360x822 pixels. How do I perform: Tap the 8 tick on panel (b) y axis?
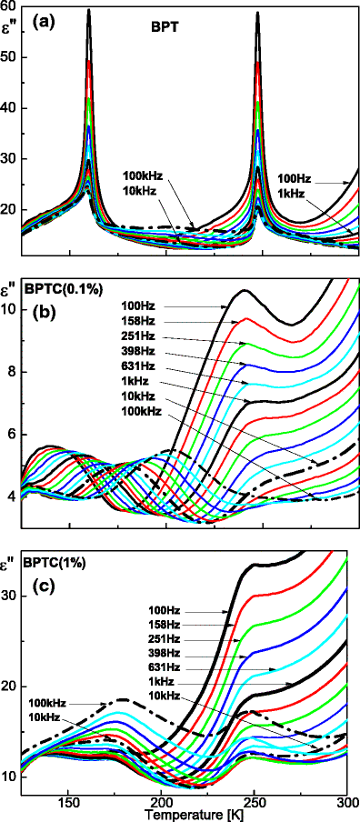point(13,372)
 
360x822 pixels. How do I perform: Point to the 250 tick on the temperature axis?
point(227,804)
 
